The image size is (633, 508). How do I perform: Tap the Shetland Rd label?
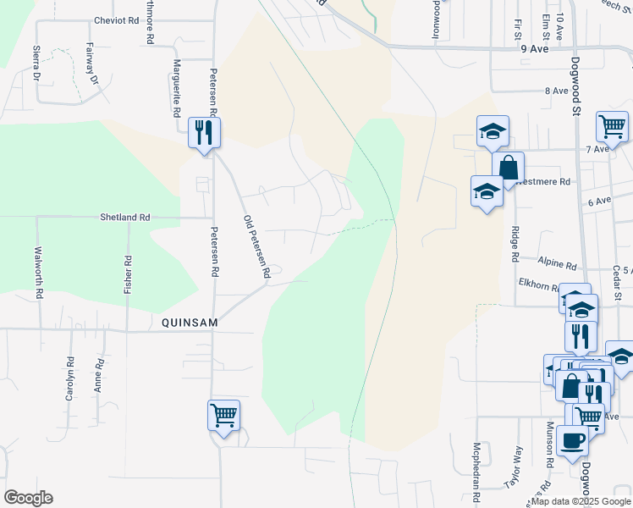pos(124,218)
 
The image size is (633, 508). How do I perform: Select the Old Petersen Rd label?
pos(256,247)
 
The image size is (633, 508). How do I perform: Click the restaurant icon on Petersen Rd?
pos(204,132)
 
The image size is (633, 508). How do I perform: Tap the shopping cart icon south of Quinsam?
pos(223,416)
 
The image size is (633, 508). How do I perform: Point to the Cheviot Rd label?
pos(115,20)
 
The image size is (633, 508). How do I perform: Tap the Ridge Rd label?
pos(515,243)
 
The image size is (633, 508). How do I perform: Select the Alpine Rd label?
pos(558,264)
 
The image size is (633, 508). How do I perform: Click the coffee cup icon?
pos(571,441)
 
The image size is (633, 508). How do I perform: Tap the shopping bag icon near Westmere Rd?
pos(508,167)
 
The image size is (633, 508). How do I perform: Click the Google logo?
pos(28,498)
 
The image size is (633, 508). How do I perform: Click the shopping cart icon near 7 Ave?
pos(611,127)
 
